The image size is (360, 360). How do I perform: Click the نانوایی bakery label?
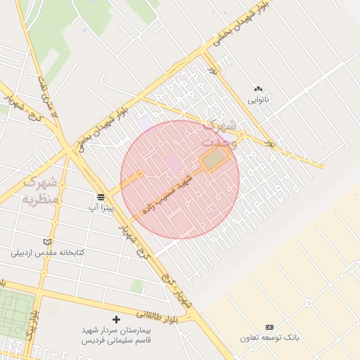(x=258, y=100)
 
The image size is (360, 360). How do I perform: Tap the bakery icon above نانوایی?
(x=258, y=89)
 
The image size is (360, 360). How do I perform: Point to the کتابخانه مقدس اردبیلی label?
(x=48, y=252)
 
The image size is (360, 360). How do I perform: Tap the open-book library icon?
(x=48, y=241)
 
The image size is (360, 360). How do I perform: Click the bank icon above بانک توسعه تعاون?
(x=269, y=328)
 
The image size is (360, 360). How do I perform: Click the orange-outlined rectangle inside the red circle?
(x=216, y=160)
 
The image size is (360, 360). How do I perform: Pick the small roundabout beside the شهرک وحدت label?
(x=241, y=134)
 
